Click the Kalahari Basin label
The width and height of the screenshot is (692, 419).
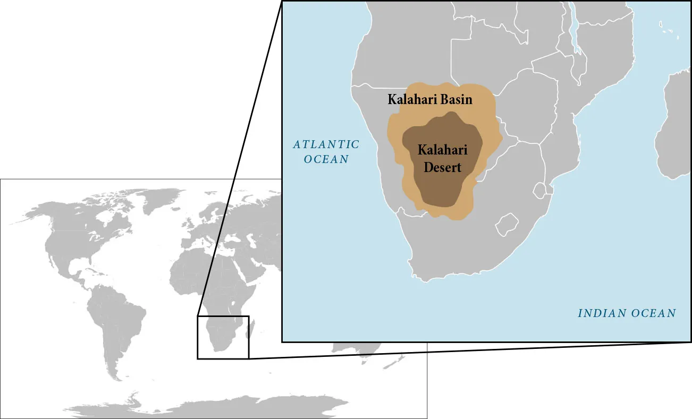coord(429,99)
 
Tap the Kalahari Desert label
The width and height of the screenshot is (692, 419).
coord(439,158)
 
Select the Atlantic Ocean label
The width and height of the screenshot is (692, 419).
coord(326,151)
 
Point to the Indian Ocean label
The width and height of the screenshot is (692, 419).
coord(627,313)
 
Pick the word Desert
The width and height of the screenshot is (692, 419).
coord(441,167)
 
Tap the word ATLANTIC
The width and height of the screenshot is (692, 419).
coord(326,144)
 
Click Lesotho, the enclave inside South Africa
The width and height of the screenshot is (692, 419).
coord(507,224)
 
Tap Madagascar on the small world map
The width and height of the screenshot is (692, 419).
coord(251,330)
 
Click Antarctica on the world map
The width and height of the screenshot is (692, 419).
coord(213,406)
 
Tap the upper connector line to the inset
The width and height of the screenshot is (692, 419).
coord(239,159)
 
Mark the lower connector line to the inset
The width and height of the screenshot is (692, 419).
coord(468,350)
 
